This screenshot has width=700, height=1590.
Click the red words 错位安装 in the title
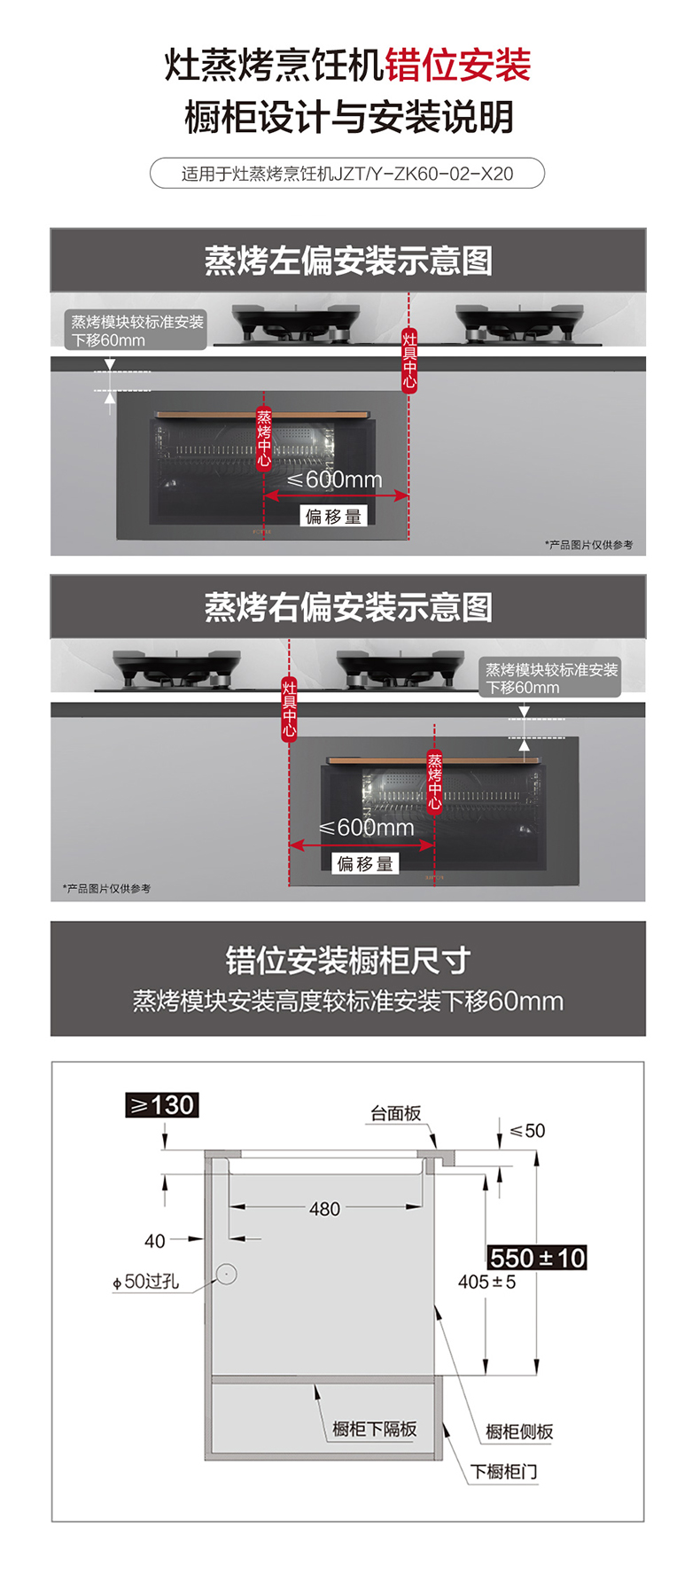[x=458, y=65]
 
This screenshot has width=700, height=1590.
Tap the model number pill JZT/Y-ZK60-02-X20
[x=347, y=173]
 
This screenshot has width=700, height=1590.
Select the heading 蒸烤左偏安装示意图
[x=348, y=261]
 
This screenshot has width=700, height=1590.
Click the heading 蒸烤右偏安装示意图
[x=348, y=607]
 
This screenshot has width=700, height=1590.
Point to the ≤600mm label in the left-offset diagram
[x=335, y=479]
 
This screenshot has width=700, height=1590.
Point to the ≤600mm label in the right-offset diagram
[x=366, y=827]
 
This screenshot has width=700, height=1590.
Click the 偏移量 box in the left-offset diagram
[x=333, y=516]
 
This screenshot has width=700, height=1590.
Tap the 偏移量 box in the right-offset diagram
[x=365, y=863]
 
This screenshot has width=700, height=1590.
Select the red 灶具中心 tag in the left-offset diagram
[x=408, y=361]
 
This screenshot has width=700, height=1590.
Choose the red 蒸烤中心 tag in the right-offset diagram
[x=434, y=781]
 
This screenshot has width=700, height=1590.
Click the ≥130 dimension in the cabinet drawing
[x=162, y=1105]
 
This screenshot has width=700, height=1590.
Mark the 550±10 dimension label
[x=537, y=1258]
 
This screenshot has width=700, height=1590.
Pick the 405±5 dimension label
[x=486, y=1282]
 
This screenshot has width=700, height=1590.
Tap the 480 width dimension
[x=324, y=1209]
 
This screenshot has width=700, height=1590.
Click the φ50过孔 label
[x=146, y=1282]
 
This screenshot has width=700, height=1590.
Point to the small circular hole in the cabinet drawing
[x=226, y=1274]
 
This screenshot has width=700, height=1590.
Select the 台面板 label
[x=395, y=1113]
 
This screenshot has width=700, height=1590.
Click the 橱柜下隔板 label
[x=374, y=1429]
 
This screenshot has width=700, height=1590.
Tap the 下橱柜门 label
[x=503, y=1471]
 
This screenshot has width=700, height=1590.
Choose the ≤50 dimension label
[x=527, y=1131]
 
